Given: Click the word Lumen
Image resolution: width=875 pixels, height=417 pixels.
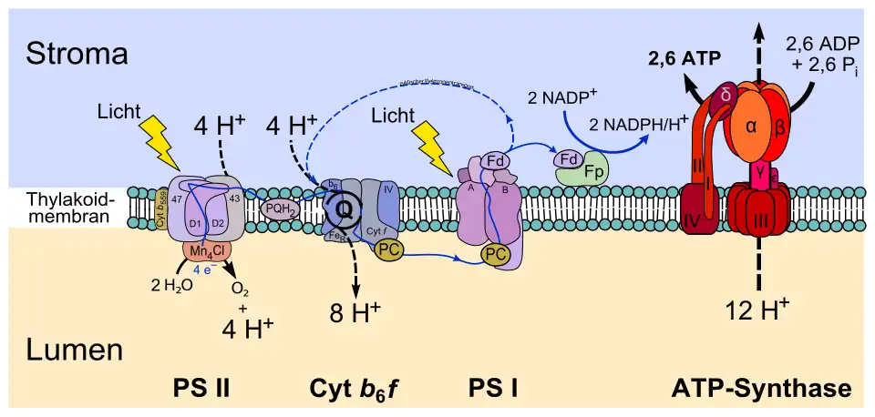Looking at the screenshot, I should pos(75,351).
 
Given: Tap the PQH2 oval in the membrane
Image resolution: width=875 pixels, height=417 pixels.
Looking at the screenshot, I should pos(279,208).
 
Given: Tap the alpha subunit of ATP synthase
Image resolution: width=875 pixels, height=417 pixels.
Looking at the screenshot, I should pos(752,127).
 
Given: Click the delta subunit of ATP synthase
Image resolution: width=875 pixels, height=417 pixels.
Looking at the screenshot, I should pos(726,95).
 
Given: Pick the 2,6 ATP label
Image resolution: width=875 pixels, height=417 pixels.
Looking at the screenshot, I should pos(685,60).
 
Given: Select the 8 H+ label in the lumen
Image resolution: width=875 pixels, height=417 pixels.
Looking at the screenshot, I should pos(355,312).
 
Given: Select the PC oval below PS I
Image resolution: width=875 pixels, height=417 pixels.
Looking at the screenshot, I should pos(496,256).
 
